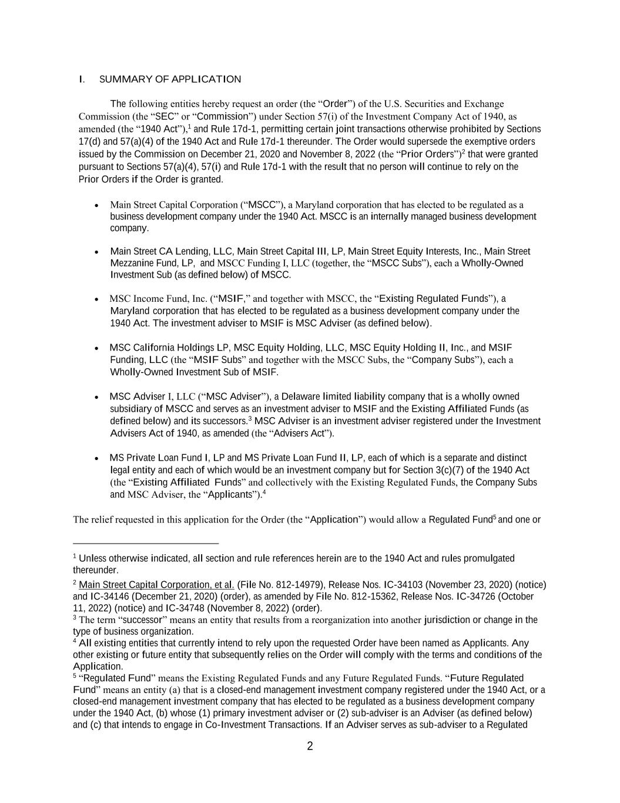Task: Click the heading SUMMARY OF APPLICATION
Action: pyautogui.click(x=170, y=79)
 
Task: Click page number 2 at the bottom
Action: pyautogui.click(x=310, y=747)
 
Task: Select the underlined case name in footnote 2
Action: pyautogui.click(x=156, y=585)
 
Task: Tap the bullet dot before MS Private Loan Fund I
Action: pyautogui.click(x=96, y=458)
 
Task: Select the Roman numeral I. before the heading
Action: pyautogui.click(x=82, y=79)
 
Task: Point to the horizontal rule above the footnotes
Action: pyautogui.click(x=146, y=544)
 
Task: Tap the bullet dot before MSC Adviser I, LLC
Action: pyautogui.click(x=96, y=397)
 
